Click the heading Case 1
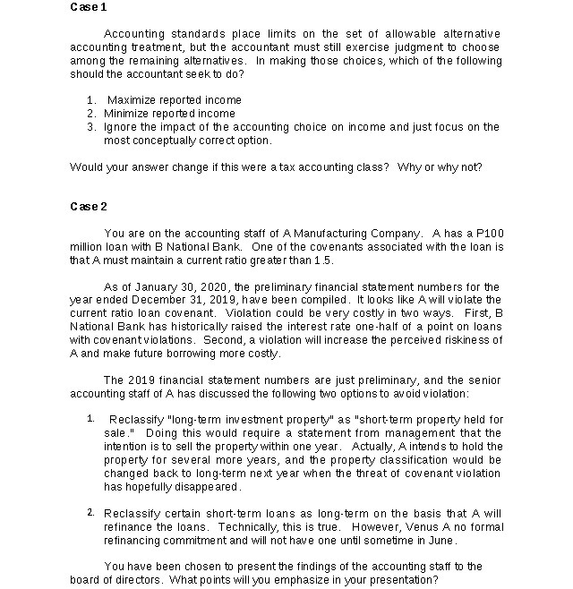tap(88, 7)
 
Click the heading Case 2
tap(88, 207)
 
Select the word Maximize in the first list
tap(132, 100)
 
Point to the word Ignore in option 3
tap(121, 127)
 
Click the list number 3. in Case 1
tap(91, 127)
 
